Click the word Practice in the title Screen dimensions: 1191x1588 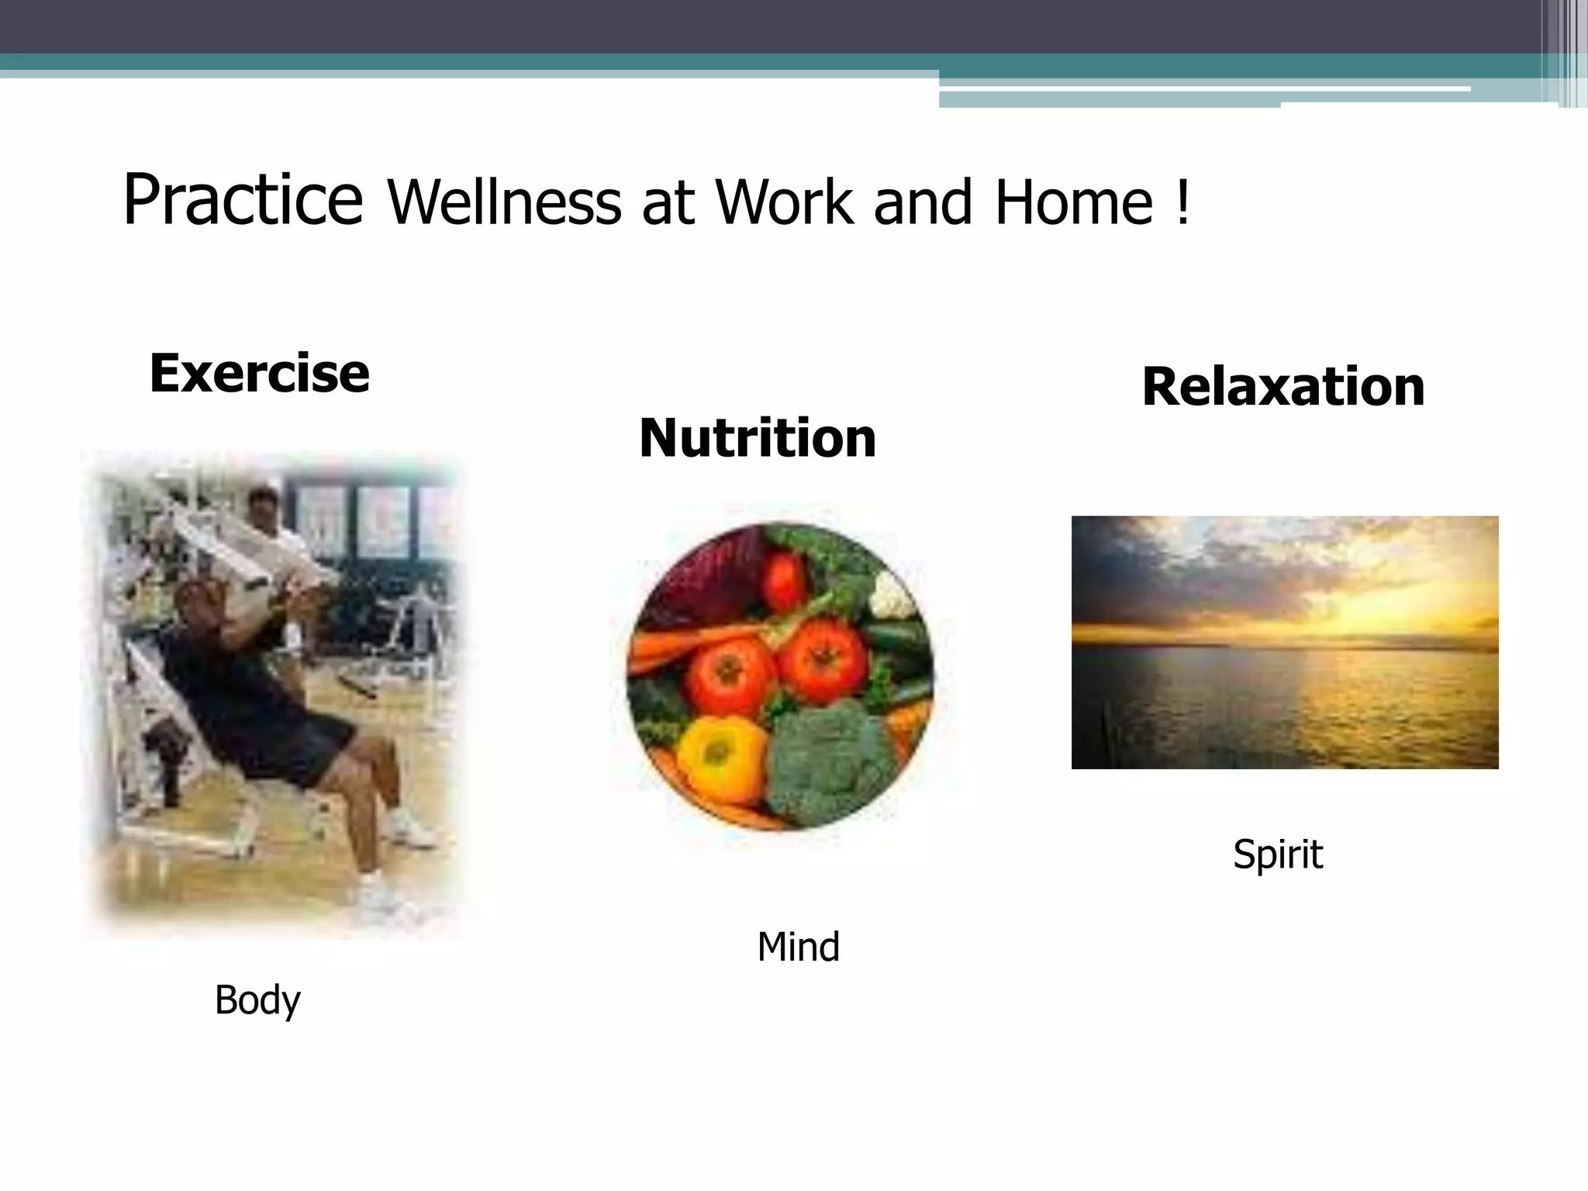point(243,201)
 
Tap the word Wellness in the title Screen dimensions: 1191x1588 point(504,203)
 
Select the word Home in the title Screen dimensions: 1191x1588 point(1074,203)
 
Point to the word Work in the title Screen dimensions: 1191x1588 point(784,203)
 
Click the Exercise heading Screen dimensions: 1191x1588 point(259,374)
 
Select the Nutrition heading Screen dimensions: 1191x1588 point(758,439)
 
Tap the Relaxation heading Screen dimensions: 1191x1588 point(1283,387)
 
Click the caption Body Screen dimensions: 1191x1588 point(257,1000)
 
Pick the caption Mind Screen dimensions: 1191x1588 point(798,948)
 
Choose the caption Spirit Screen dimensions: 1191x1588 point(1278,854)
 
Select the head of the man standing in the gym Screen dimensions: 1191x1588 point(264,504)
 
